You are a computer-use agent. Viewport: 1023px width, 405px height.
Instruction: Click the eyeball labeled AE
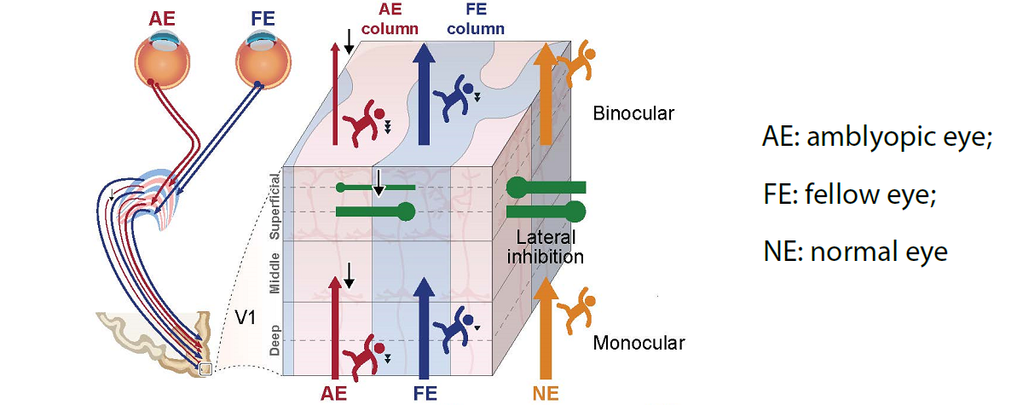point(161,60)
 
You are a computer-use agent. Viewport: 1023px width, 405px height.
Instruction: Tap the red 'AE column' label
point(390,20)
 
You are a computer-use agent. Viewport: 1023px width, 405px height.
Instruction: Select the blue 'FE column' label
point(475,20)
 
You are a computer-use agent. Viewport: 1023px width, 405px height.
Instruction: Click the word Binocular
point(632,113)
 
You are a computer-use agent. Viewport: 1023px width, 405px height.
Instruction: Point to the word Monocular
point(639,343)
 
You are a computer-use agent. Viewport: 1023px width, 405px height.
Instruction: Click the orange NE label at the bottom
point(546,393)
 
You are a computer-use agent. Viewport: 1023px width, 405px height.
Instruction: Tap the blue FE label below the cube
point(425,393)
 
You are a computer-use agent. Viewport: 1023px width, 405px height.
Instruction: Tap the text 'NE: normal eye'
point(854,252)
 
